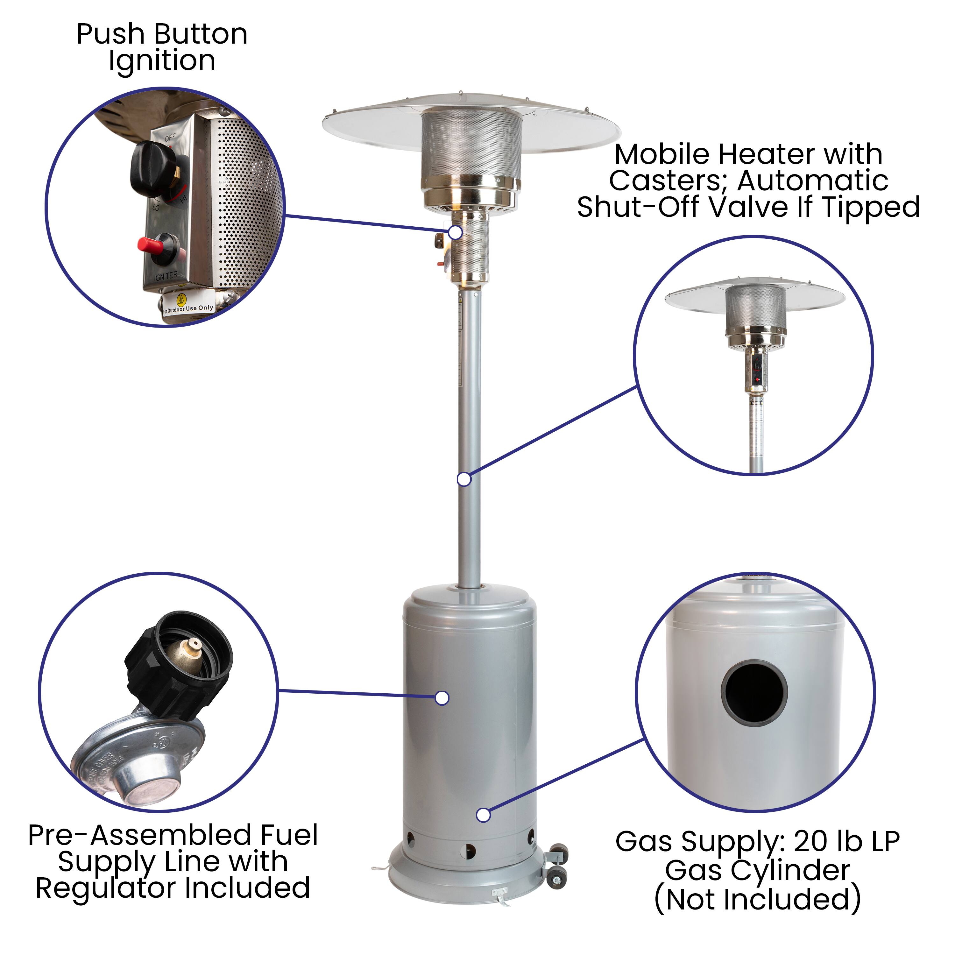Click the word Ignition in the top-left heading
[162, 61]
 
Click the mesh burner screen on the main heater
[471, 143]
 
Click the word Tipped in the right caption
[870, 207]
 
